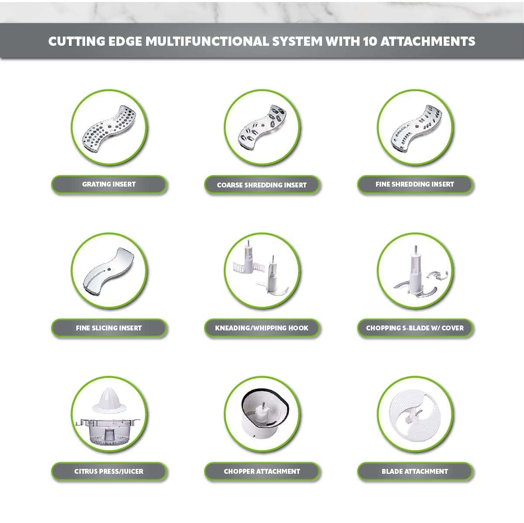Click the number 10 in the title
(x=370, y=41)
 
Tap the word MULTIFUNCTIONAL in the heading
(x=207, y=41)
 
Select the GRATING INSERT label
(x=109, y=184)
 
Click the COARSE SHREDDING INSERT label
(x=262, y=185)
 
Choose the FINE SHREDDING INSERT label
(x=415, y=184)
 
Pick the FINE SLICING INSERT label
(x=109, y=328)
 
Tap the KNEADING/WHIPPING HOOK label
(x=262, y=328)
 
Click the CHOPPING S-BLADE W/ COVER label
(x=415, y=328)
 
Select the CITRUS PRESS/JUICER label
(x=109, y=472)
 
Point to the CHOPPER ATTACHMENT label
(x=262, y=472)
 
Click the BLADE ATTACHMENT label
(x=415, y=472)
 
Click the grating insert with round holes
(x=109, y=128)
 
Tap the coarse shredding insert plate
(x=262, y=127)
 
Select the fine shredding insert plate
(x=416, y=128)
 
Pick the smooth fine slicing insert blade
(x=108, y=271)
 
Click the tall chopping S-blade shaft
(x=415, y=269)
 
